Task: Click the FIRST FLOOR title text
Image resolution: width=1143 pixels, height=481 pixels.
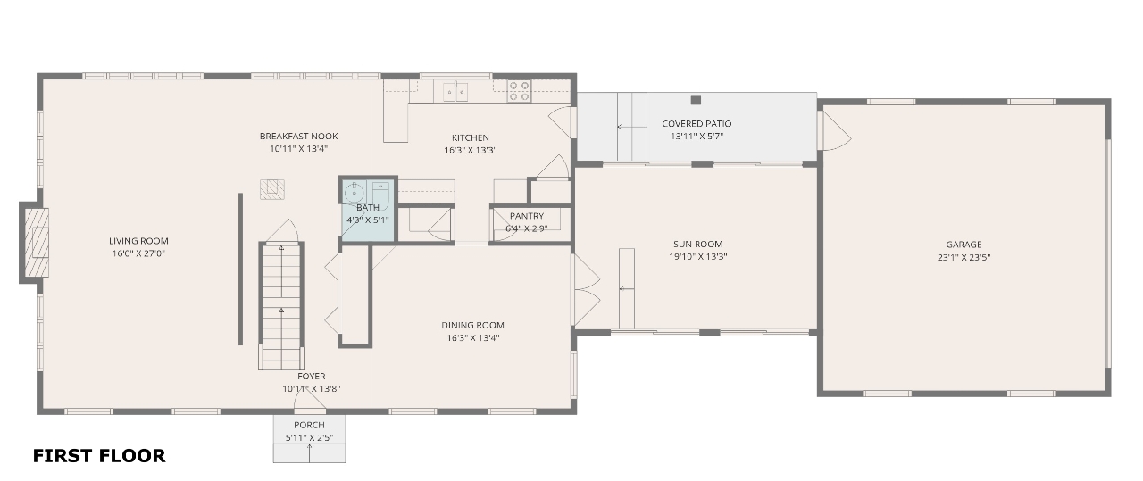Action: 99,455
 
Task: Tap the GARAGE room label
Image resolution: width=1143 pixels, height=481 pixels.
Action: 964,245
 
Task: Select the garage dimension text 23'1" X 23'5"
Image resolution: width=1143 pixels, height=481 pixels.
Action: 964,258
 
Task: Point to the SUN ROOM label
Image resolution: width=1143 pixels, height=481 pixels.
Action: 697,244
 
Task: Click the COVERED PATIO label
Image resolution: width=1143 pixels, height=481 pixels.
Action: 697,123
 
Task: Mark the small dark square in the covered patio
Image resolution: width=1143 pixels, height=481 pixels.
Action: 696,100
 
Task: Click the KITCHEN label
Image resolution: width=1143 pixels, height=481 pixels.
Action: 470,137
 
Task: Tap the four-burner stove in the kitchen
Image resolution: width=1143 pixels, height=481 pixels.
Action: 519,91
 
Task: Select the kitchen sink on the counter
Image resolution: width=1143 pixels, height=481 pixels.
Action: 455,92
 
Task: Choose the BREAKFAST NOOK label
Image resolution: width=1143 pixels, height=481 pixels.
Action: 298,137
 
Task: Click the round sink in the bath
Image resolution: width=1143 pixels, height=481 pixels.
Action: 353,193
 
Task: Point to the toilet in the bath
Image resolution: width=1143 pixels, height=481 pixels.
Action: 380,194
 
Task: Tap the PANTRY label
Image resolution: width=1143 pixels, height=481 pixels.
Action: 527,216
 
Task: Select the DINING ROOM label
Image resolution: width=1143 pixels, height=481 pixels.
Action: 472,325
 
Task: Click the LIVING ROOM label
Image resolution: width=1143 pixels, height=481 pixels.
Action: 138,241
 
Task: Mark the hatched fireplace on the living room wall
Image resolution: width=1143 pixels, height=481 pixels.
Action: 37,243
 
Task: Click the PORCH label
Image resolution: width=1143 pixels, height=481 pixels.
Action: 309,425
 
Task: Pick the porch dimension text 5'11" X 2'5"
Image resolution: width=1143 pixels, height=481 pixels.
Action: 309,437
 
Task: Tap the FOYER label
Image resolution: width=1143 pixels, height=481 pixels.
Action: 312,376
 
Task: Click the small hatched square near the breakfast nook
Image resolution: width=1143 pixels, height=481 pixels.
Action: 272,189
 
